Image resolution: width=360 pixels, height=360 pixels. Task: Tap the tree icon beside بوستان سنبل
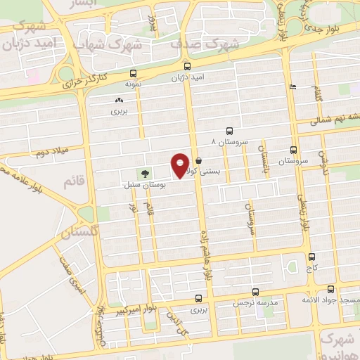pyautogui.click(x=145, y=172)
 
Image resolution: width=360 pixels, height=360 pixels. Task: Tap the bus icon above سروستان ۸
pyautogui.click(x=229, y=131)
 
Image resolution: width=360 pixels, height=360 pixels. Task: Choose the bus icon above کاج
pyautogui.click(x=311, y=258)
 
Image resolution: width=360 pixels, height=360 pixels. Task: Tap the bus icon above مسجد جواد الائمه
pyautogui.click(x=331, y=289)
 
